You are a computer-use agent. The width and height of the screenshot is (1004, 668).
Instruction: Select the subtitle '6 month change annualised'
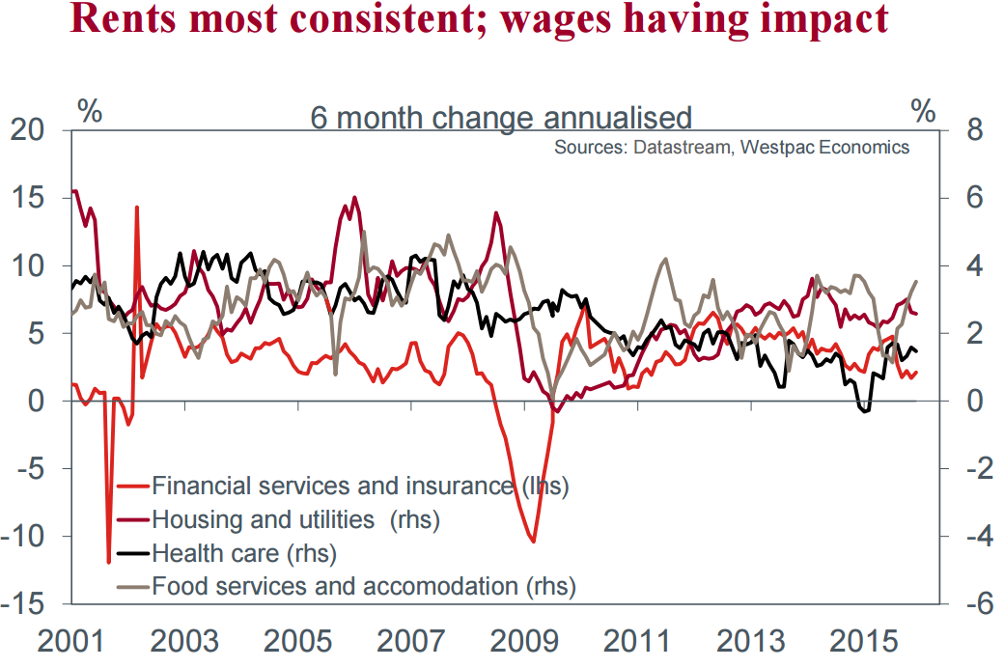(500, 118)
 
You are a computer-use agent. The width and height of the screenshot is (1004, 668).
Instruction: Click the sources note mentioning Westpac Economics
(731, 148)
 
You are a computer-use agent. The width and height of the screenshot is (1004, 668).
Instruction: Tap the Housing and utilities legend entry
(295, 519)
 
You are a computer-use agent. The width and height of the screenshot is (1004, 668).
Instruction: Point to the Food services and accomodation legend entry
(363, 585)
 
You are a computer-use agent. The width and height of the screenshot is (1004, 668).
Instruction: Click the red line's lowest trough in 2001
(109, 561)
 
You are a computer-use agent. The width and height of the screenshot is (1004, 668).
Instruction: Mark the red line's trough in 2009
(533, 542)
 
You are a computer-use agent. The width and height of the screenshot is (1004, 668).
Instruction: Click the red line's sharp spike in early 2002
(137, 208)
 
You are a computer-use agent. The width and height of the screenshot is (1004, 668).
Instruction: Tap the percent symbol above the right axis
(923, 111)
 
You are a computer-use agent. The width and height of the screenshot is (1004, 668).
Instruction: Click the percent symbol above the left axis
(90, 111)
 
